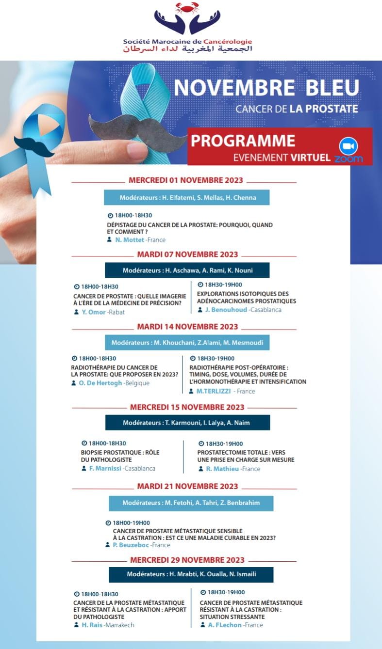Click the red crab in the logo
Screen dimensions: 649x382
[187, 8]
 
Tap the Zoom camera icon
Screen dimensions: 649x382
[348, 146]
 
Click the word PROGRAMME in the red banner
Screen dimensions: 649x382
[243, 141]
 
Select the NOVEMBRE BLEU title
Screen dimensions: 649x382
[266, 87]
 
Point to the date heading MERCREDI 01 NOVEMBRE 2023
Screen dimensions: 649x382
[186, 180]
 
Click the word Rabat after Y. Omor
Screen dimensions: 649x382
[116, 312]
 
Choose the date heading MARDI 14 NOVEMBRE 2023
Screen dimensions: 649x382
[187, 327]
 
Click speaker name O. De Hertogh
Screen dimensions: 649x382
[100, 383]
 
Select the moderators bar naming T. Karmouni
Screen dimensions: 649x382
[187, 423]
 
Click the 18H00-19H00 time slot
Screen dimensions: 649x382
[131, 523]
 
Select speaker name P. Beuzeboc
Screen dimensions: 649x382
[131, 545]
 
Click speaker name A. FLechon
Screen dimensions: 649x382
[223, 625]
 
